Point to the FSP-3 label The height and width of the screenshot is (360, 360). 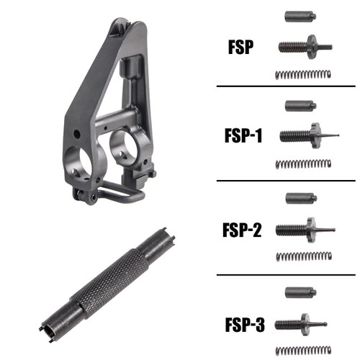(242, 325)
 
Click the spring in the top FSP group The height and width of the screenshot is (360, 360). (303, 74)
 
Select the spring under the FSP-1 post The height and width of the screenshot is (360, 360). (303, 164)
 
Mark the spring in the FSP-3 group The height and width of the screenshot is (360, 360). (303, 348)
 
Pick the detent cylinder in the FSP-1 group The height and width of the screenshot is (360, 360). (296, 106)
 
